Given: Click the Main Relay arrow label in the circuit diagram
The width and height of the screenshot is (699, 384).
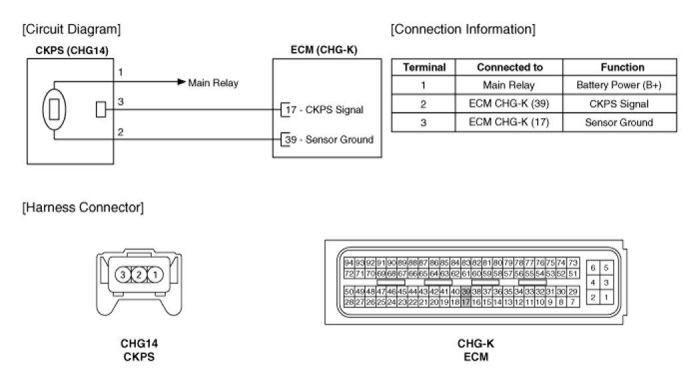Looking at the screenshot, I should pyautogui.click(x=212, y=83).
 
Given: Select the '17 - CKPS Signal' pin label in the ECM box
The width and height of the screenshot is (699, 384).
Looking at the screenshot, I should pyautogui.click(x=326, y=109).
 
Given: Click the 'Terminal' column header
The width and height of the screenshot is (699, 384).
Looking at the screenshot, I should pyautogui.click(x=424, y=67).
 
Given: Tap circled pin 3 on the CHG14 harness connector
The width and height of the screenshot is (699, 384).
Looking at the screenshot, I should pyautogui.click(x=122, y=274).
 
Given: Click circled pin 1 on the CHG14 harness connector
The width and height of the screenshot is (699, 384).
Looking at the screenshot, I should pyautogui.click(x=154, y=274).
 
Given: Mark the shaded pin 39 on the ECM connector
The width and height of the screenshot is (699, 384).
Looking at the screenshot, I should pyautogui.click(x=466, y=292).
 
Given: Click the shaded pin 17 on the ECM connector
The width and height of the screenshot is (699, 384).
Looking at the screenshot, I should pyautogui.click(x=466, y=302).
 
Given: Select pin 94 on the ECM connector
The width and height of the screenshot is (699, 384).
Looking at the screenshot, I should pyautogui.click(x=349, y=263).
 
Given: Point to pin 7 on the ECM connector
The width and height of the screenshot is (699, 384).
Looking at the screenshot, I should pyautogui.click(x=573, y=302).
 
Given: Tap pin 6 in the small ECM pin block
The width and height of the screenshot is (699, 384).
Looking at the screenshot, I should pyautogui.click(x=592, y=267).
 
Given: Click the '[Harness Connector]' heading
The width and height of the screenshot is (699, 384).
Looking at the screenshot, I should pyautogui.click(x=82, y=207).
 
